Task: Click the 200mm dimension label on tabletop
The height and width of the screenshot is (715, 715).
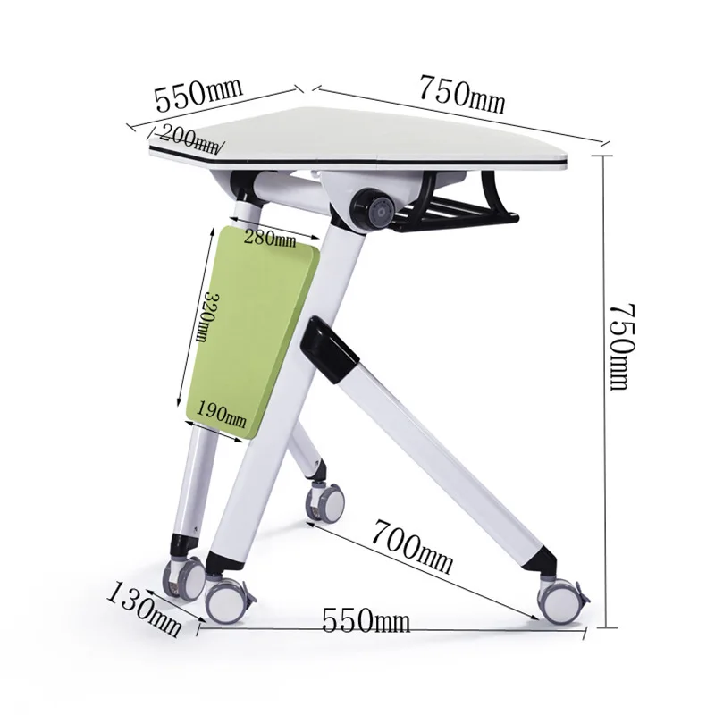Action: coord(190,138)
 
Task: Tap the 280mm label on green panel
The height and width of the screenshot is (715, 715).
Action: coord(269,239)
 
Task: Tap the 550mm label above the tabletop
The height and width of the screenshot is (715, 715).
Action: coord(198,92)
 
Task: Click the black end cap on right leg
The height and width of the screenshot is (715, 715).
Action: coord(542,559)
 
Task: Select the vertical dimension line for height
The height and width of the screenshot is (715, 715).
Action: coord(604,384)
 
